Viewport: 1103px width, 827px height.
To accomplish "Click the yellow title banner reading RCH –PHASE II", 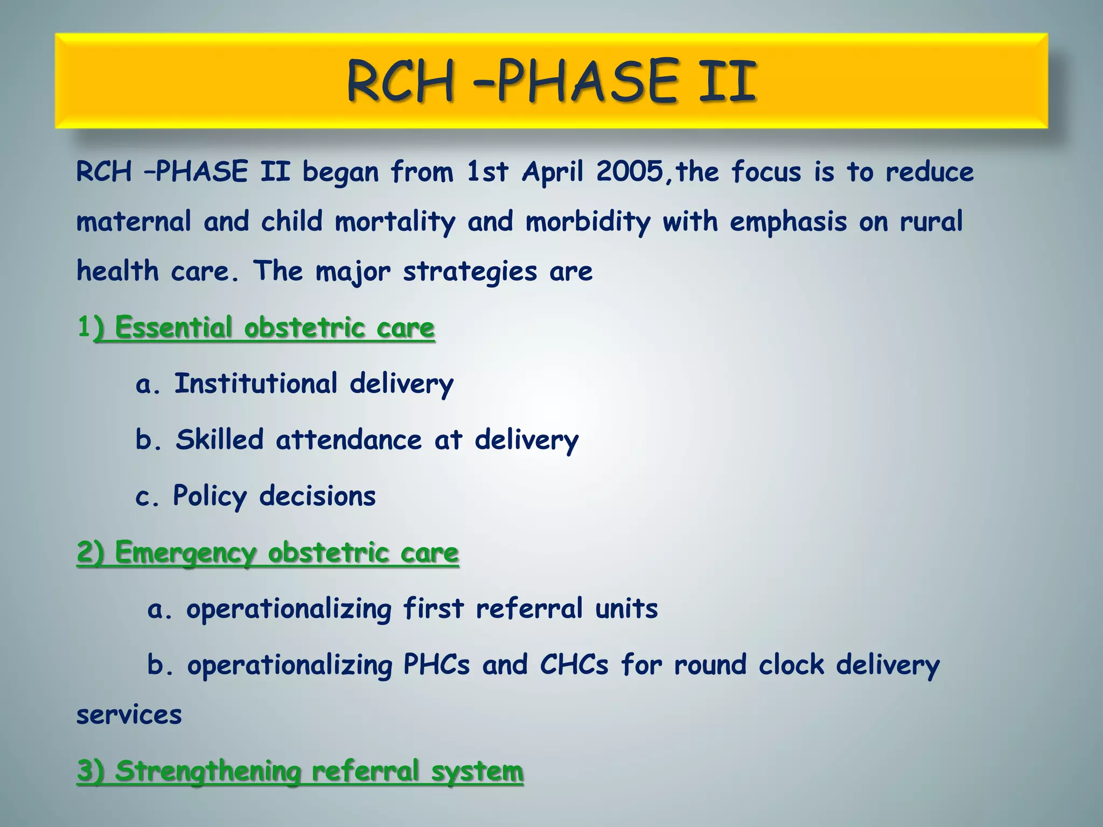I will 551,81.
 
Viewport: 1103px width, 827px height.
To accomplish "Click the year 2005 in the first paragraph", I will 629,172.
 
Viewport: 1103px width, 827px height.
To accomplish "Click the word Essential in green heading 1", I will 173,328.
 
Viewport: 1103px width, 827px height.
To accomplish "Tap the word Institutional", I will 256,384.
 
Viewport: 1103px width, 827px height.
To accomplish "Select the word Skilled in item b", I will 220,440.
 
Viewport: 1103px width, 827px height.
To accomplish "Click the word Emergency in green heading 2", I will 185,553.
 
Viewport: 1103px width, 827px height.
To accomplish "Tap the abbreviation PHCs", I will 436,665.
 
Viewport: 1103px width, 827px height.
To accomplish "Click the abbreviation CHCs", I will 574,665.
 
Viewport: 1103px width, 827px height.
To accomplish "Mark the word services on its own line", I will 129,716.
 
